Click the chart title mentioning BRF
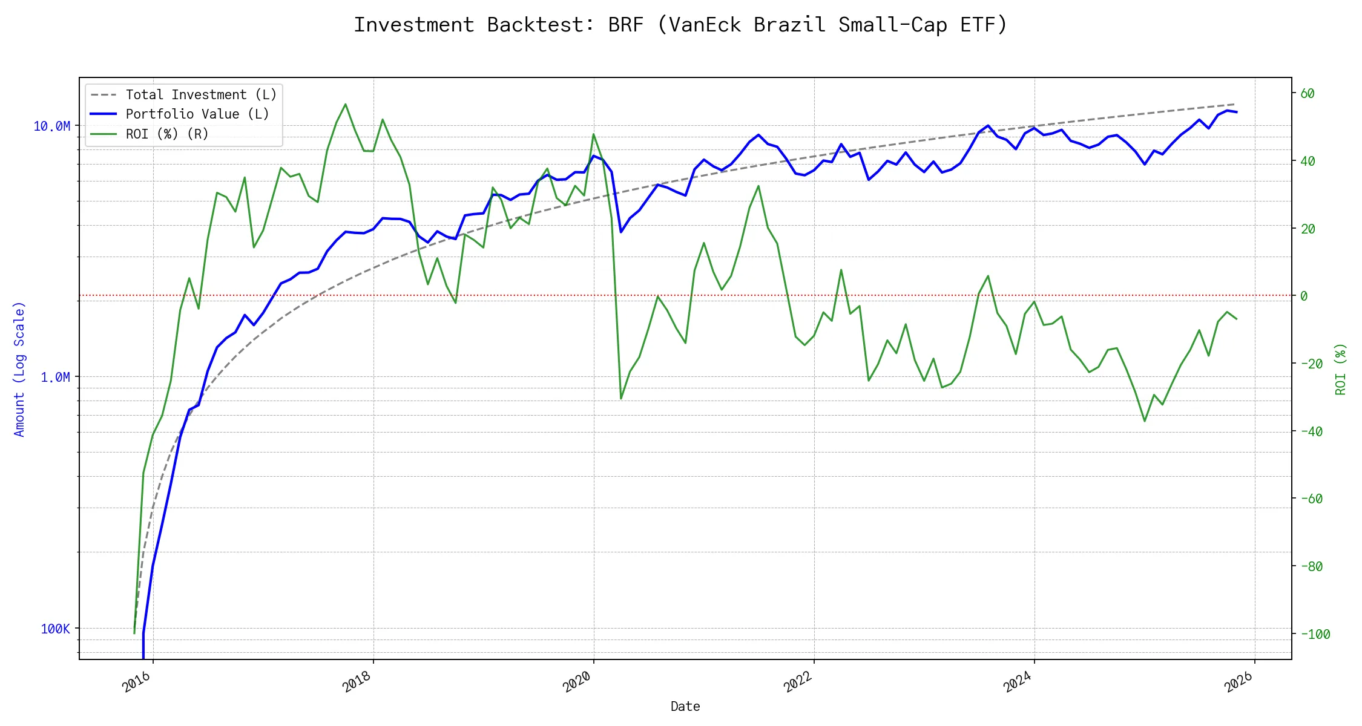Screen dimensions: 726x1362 680,25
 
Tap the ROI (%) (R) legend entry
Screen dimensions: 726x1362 166,134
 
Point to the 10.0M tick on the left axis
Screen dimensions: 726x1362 52,126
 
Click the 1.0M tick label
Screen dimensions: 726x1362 55,377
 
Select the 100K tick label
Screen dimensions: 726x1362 55,629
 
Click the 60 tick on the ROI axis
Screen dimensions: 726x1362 1308,93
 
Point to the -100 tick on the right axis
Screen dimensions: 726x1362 1315,634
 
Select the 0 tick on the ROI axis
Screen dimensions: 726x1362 1304,296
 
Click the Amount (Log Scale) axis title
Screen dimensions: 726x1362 19,368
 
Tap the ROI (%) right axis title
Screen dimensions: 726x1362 1340,368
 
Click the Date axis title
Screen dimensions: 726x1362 685,706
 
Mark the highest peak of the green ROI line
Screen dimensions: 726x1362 346,104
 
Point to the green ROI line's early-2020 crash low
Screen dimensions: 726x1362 621,399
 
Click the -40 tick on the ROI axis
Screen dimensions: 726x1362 1311,431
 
